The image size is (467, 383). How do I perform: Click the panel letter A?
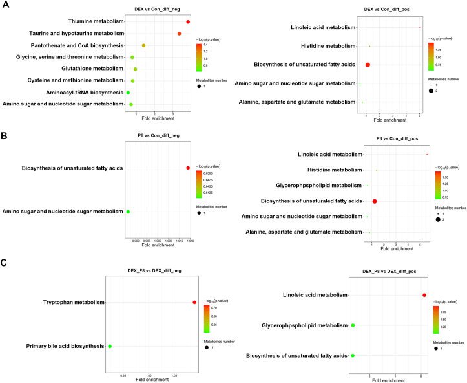pos(5,5)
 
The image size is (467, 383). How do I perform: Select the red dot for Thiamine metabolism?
pos(188,22)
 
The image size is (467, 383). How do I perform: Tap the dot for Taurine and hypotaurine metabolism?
pos(179,33)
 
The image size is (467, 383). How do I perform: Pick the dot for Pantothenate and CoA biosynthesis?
pos(143,45)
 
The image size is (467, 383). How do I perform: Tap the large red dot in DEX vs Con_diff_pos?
pos(368,65)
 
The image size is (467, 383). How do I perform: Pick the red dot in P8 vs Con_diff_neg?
pos(188,168)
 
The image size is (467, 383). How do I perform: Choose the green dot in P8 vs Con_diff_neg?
pos(128,212)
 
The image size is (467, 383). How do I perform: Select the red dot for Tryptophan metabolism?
pos(194,302)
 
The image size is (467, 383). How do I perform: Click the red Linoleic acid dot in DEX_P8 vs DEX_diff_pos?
pos(424,295)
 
